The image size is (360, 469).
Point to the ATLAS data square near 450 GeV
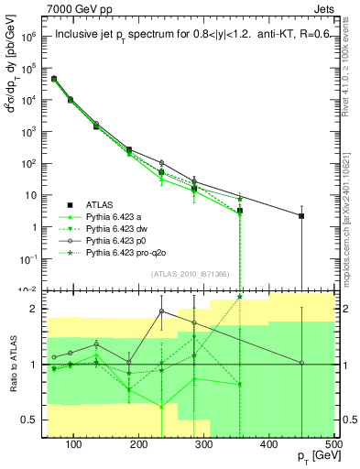(301, 215)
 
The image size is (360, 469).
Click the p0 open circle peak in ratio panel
(162, 311)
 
